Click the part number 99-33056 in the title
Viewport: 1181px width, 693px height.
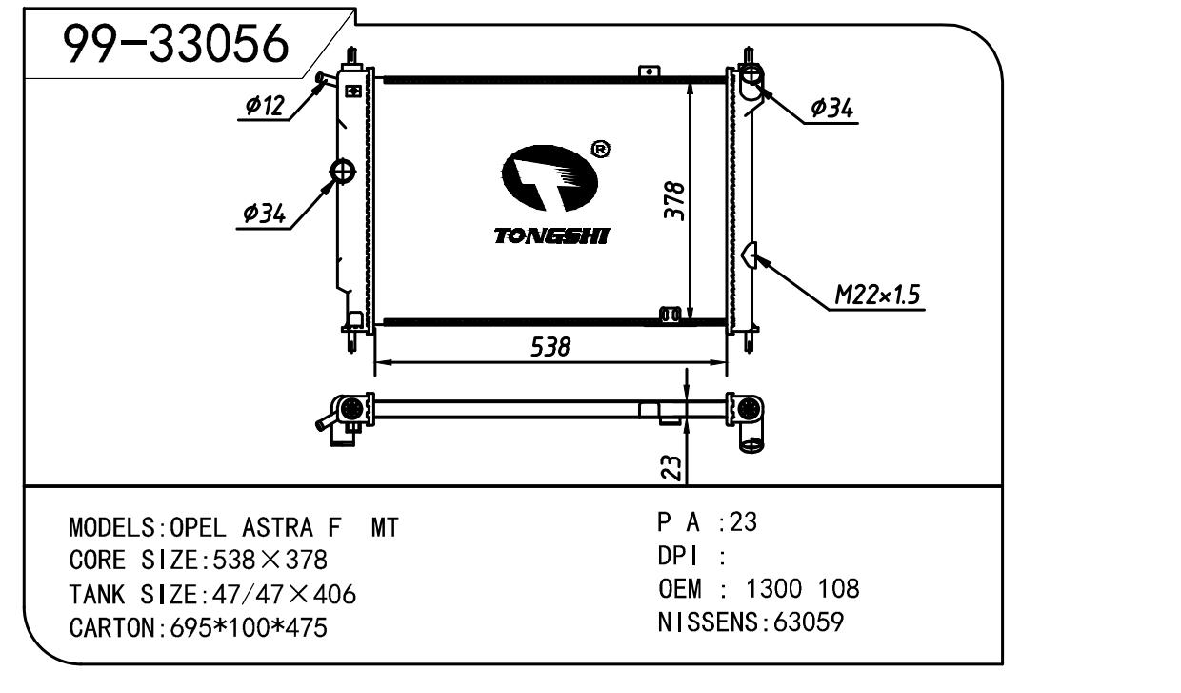point(175,44)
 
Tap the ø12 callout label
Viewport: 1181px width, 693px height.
point(265,106)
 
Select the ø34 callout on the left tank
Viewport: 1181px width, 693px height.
point(264,214)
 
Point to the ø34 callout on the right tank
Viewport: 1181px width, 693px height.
point(831,109)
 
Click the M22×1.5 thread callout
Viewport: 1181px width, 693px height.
point(877,295)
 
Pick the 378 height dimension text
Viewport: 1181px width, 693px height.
point(674,200)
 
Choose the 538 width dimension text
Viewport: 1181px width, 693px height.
point(550,347)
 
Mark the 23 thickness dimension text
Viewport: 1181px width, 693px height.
point(671,468)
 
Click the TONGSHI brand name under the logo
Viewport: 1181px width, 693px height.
point(551,236)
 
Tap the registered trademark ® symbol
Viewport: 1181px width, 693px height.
point(601,150)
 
